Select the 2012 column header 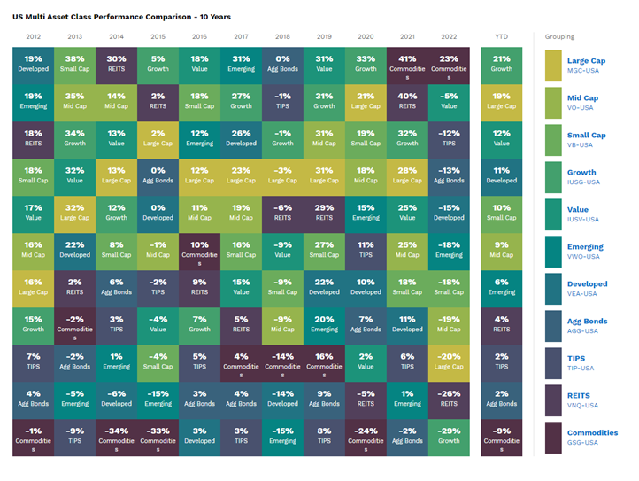point(34,37)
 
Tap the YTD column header point(502,37)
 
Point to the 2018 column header point(282,37)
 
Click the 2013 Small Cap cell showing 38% point(75,63)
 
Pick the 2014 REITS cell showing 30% point(117,63)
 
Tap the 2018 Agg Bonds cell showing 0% point(282,63)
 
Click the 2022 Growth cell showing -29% point(450,435)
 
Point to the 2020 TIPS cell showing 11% point(366,249)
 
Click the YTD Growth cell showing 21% point(502,63)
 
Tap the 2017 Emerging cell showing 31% point(242,63)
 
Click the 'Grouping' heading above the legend point(559,37)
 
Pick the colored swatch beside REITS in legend point(553,400)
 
